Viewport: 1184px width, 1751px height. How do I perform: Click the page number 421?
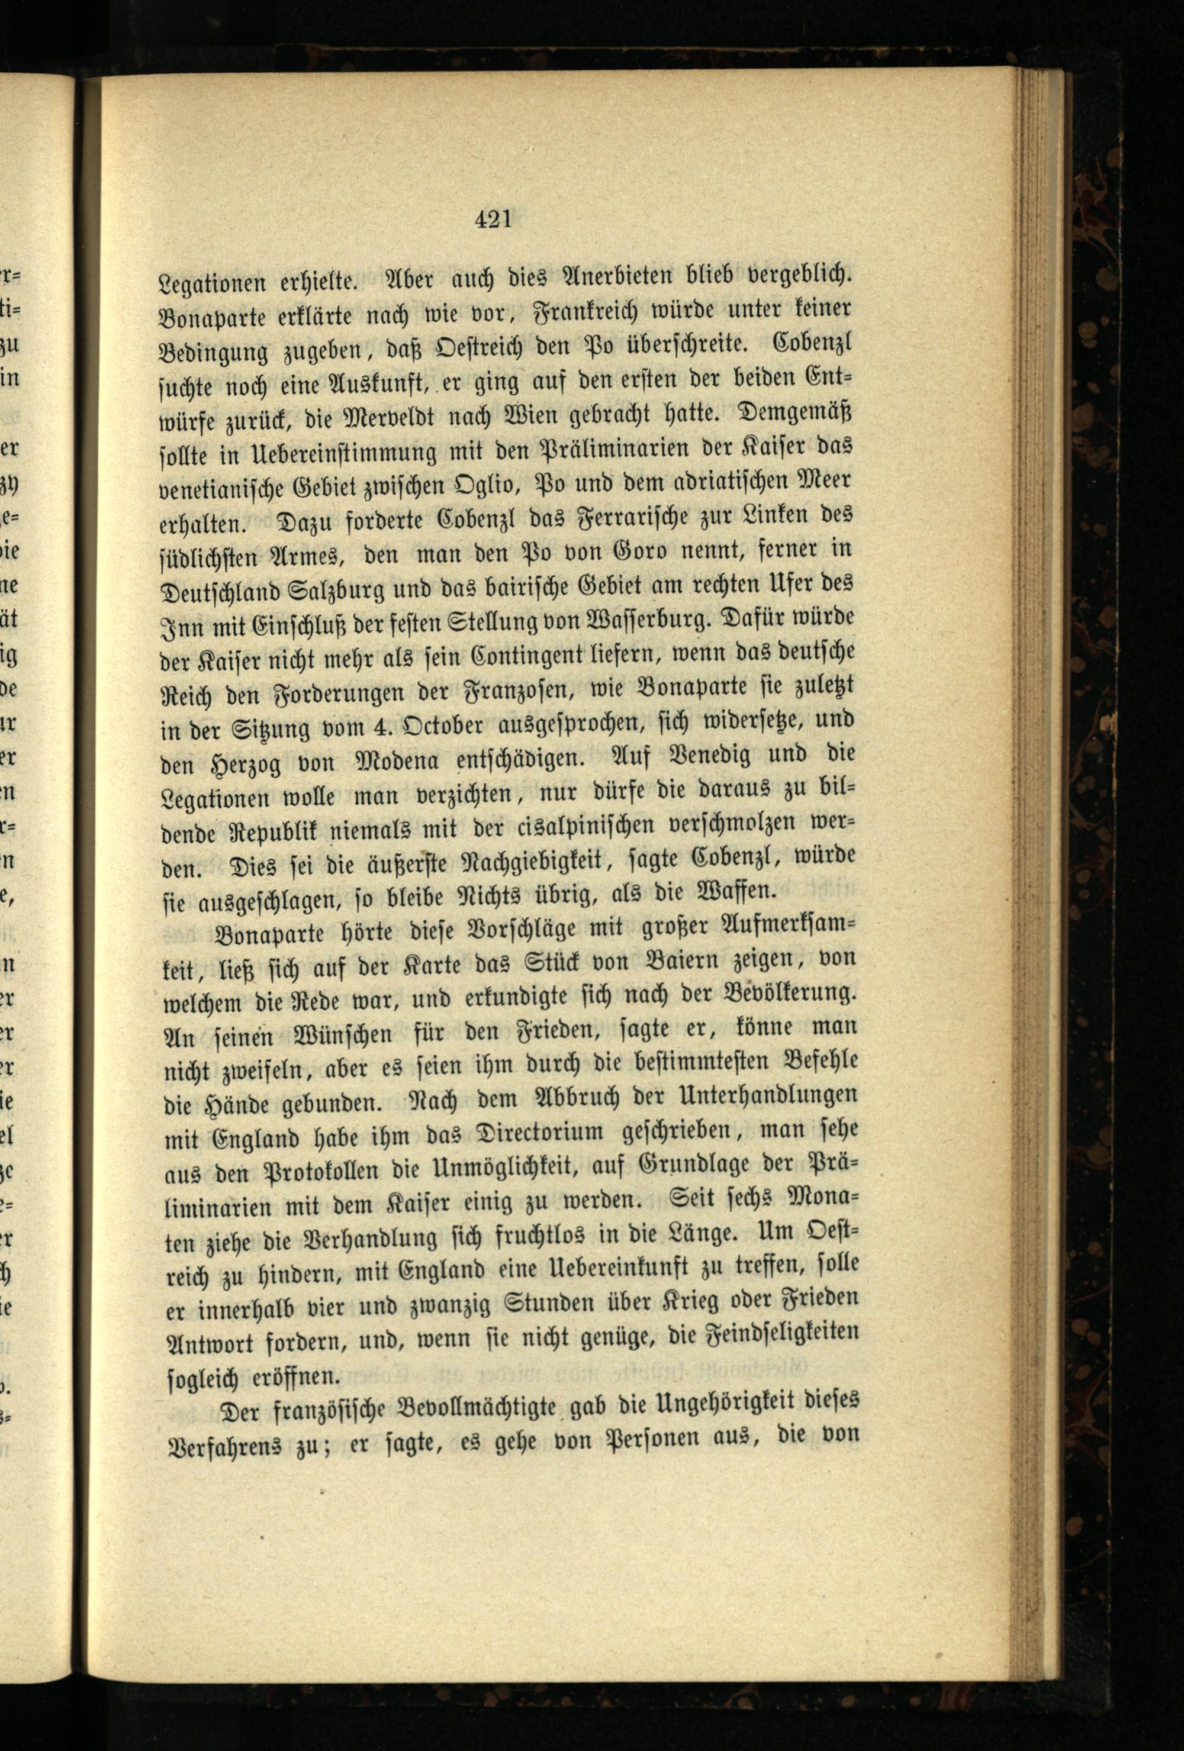(494, 221)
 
